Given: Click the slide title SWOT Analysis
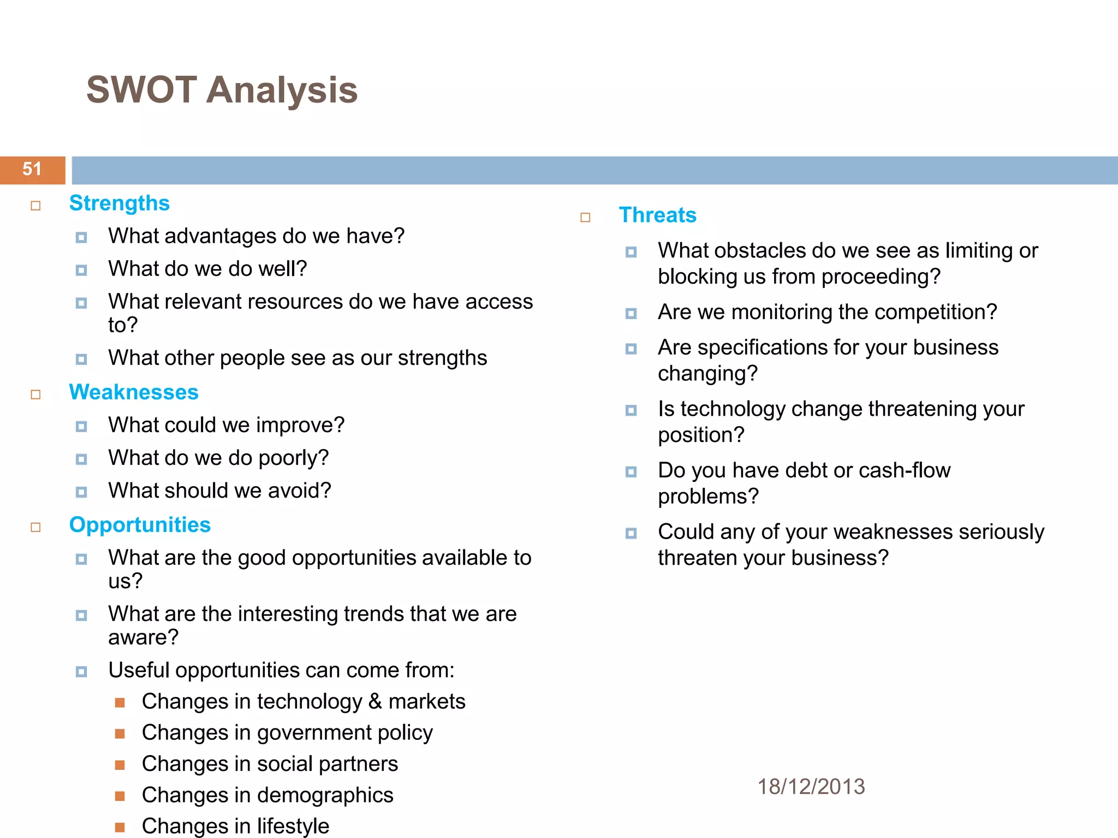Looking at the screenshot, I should pos(222,90).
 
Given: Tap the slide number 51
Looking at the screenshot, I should pos(32,169).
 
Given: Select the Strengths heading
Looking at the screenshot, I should pos(119,203).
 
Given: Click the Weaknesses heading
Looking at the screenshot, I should pos(133,392).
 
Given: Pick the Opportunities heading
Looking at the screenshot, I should pos(140,525).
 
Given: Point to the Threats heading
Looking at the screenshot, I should pos(657,215).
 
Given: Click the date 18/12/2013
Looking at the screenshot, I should pos(811,787).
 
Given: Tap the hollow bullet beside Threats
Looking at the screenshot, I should pos(585,218).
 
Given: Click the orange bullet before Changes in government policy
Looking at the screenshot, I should pos(120,734).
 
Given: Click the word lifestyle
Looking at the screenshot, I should pos(293,826).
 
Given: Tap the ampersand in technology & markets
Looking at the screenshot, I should pos(375,702).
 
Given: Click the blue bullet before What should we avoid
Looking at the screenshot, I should pos(81,492).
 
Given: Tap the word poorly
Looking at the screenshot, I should pos(293,458).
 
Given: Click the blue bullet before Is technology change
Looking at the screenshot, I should pos(631,410).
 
